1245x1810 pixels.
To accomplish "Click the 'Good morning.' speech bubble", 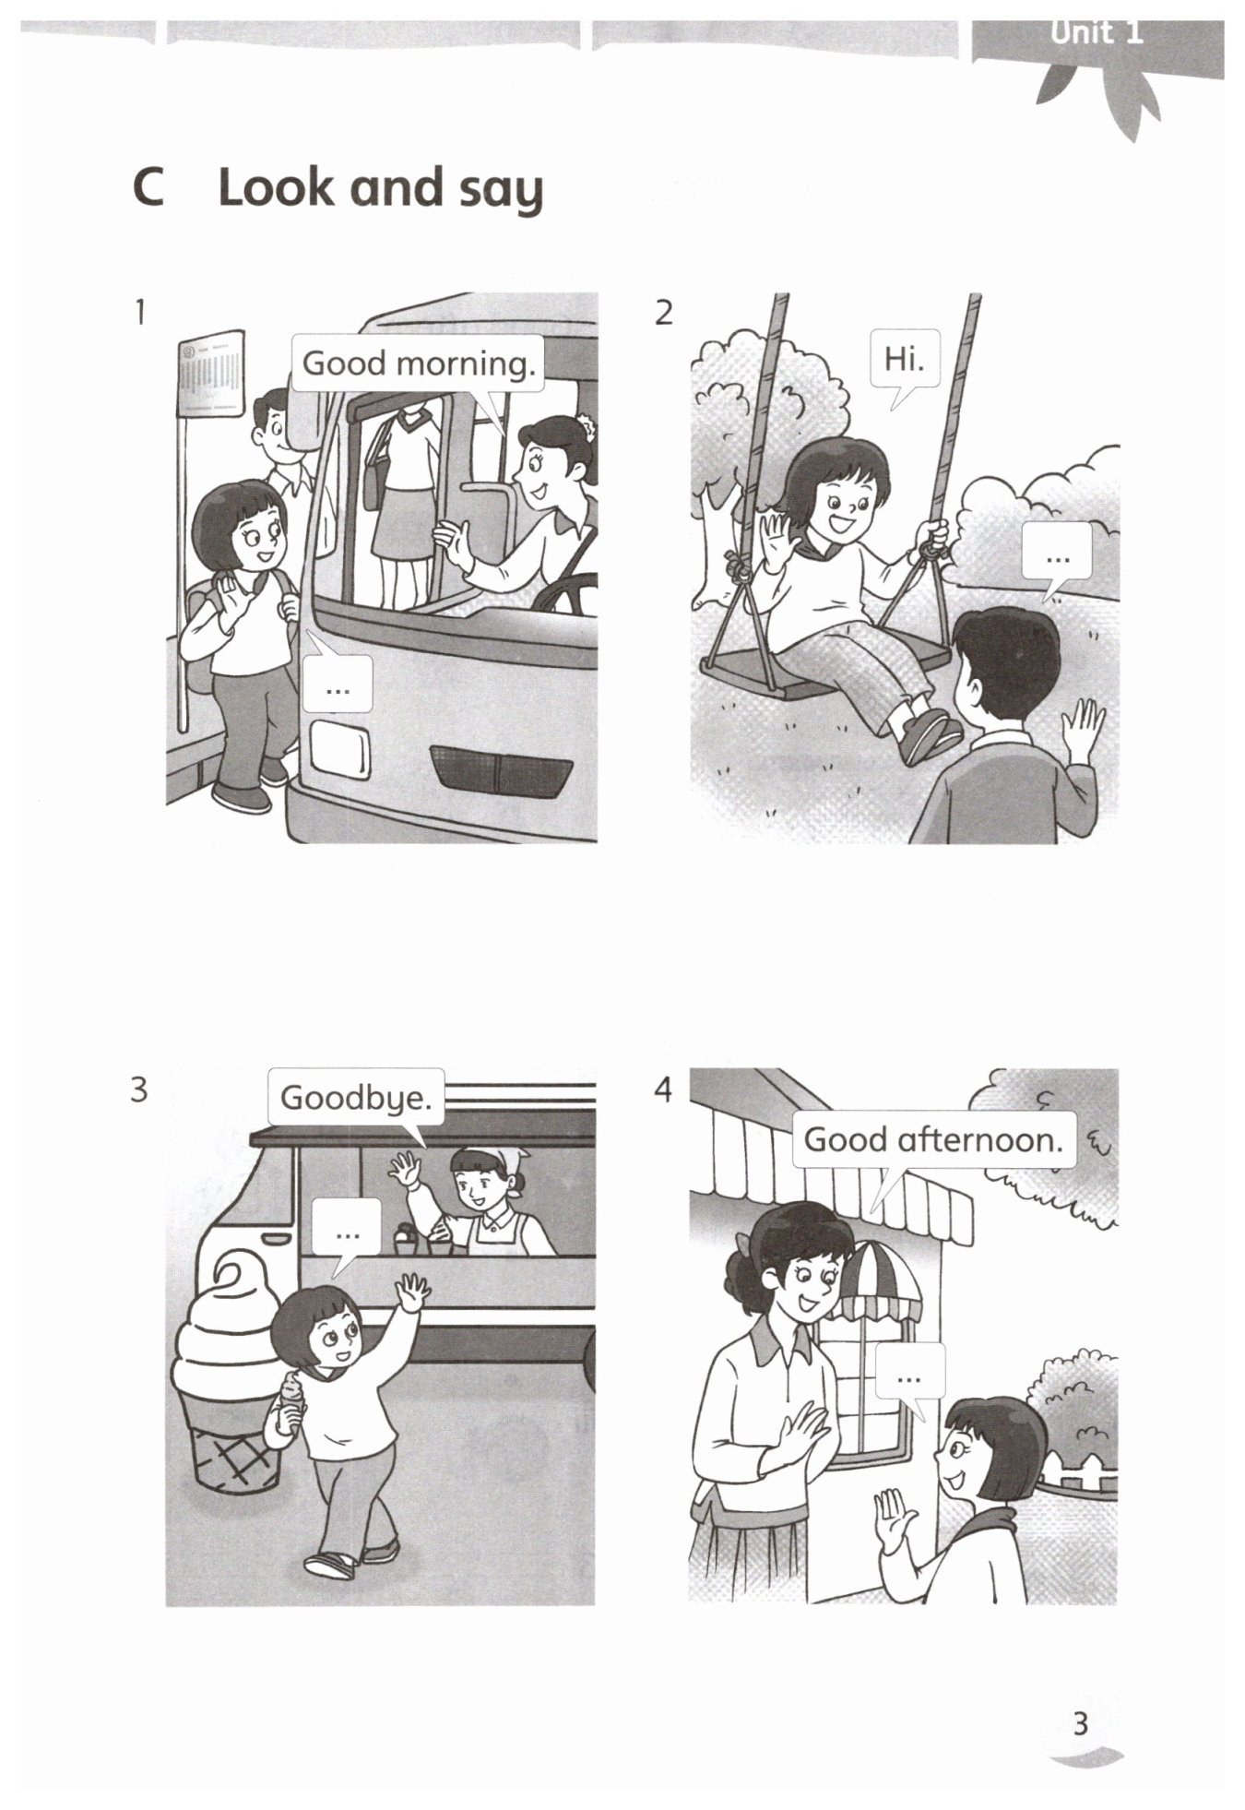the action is pyautogui.click(x=418, y=364).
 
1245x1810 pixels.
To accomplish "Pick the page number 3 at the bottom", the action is pyautogui.click(x=1082, y=1723).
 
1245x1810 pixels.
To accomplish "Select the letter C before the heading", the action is pyautogui.click(x=149, y=188).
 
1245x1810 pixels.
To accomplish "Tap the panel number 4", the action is pyautogui.click(x=663, y=1090).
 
